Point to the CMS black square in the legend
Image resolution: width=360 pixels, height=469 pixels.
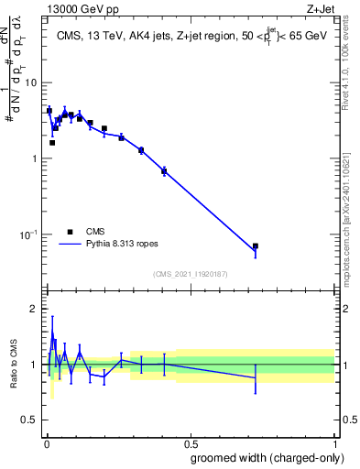[x=70, y=233]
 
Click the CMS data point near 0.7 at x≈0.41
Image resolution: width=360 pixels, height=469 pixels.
[x=164, y=171]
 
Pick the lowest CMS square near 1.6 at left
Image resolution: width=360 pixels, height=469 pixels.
[x=52, y=142]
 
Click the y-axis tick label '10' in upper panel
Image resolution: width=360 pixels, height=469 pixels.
[x=29, y=83]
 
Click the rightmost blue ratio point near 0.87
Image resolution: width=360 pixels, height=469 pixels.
[x=256, y=378]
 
